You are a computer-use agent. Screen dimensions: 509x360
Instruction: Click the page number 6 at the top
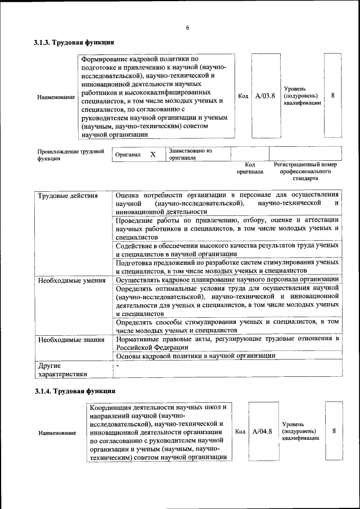pyautogui.click(x=187, y=28)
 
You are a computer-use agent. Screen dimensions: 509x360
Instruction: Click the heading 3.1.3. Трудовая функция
pyautogui.click(x=74, y=42)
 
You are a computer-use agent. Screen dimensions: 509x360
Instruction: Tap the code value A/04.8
pyautogui.click(x=262, y=431)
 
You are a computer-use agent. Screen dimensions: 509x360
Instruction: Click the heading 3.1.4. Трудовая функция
pyautogui.click(x=74, y=390)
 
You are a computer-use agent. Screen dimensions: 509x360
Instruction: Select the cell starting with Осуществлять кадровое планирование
pyautogui.click(x=227, y=280)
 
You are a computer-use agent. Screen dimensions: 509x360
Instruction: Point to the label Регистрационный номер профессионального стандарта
pyautogui.click(x=305, y=171)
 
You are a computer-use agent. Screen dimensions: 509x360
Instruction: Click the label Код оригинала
pyautogui.click(x=250, y=168)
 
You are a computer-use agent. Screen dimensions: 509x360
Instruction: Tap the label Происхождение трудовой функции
pyautogui.click(x=71, y=155)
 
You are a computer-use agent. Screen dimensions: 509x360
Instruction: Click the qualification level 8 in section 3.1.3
pyautogui.click(x=333, y=96)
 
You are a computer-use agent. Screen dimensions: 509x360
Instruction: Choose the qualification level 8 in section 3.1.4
pyautogui.click(x=334, y=431)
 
